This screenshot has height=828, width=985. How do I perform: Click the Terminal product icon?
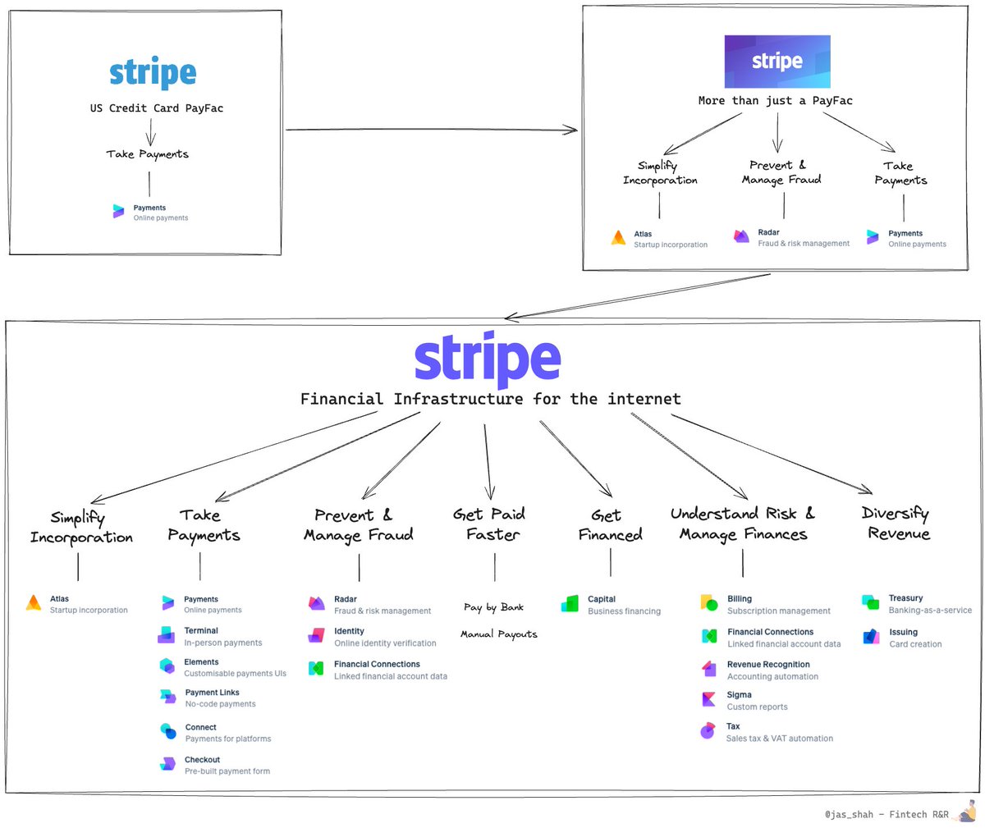point(167,635)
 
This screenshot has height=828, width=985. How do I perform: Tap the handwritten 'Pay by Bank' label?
point(493,607)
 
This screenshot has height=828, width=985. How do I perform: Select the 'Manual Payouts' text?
point(499,634)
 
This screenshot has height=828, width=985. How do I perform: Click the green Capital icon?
point(570,605)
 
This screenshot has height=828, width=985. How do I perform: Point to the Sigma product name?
point(739,694)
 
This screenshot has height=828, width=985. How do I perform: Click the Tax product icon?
point(708,730)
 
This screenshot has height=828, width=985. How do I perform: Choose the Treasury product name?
point(905,598)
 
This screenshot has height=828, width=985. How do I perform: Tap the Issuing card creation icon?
point(871,637)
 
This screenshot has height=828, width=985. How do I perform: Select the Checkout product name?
point(202,760)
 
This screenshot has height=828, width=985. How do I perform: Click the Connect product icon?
point(167,731)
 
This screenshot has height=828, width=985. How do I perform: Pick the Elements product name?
point(201,661)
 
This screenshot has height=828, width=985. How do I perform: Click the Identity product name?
point(349,631)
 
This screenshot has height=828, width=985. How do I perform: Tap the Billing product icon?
point(709,604)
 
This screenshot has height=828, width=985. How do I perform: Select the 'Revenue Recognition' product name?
point(768,664)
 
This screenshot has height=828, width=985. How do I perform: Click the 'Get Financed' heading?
point(610,525)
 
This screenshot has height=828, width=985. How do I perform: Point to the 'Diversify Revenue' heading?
point(896,524)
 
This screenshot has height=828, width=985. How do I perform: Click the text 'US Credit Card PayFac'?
point(156,108)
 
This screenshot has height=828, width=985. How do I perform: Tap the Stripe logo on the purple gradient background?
point(777,62)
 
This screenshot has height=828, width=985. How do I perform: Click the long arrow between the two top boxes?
point(431,130)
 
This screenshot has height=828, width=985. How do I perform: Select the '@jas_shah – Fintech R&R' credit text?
point(886,815)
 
